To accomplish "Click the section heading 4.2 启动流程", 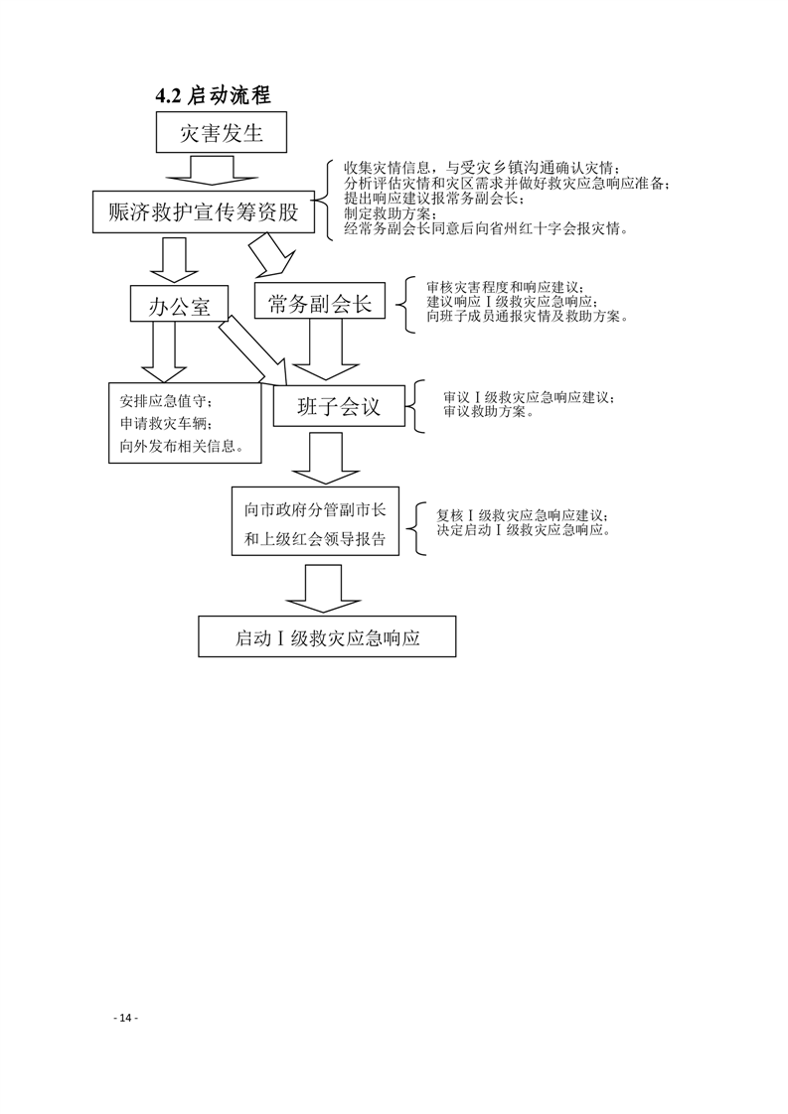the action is tap(214, 95).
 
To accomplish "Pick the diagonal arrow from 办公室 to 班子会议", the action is tap(253, 350).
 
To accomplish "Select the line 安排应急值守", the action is tap(165, 401).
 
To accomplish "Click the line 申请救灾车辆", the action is tap(165, 424).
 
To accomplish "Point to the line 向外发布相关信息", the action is tap(182, 448).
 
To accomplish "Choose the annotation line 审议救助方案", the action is tap(489, 411).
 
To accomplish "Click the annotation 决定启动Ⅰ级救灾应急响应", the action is tap(524, 530).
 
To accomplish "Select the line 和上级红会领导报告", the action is tap(315, 539).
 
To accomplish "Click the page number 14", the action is tap(126, 1018).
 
